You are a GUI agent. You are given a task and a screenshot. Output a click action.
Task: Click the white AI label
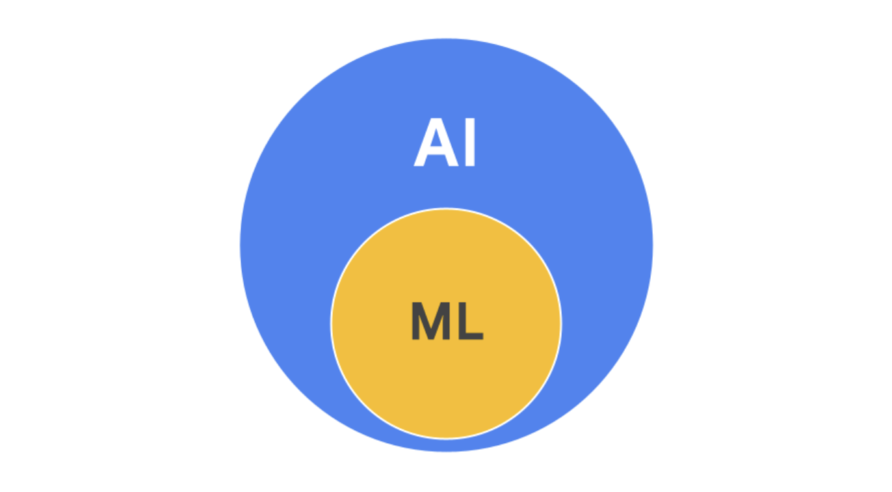[x=446, y=144]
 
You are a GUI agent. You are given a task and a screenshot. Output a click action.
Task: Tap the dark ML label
[x=447, y=321]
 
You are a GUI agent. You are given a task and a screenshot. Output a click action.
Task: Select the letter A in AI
[x=434, y=144]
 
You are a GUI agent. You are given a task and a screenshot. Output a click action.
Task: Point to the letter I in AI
[x=470, y=144]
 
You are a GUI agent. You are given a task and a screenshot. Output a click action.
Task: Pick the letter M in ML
[x=431, y=321]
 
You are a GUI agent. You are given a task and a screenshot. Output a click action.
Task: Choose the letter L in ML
[x=471, y=321]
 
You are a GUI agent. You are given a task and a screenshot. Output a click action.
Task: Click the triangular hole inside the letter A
[x=434, y=143]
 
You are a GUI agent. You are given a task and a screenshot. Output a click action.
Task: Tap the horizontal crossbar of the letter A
[x=434, y=154]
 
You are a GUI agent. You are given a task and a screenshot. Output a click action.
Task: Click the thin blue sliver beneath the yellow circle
[x=446, y=444]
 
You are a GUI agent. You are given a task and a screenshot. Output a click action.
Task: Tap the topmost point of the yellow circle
[x=446, y=209]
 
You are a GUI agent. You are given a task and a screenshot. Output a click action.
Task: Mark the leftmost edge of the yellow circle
[x=332, y=323]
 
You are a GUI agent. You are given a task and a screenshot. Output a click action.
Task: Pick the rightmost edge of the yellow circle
[x=560, y=323]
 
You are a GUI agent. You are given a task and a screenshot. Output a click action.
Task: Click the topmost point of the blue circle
[x=446, y=39]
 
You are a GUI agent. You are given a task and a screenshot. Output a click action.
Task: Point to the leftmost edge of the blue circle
[x=241, y=245]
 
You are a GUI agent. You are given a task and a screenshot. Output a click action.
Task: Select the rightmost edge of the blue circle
[x=652, y=245]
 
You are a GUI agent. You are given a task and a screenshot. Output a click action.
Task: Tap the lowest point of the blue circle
[x=446, y=450]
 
